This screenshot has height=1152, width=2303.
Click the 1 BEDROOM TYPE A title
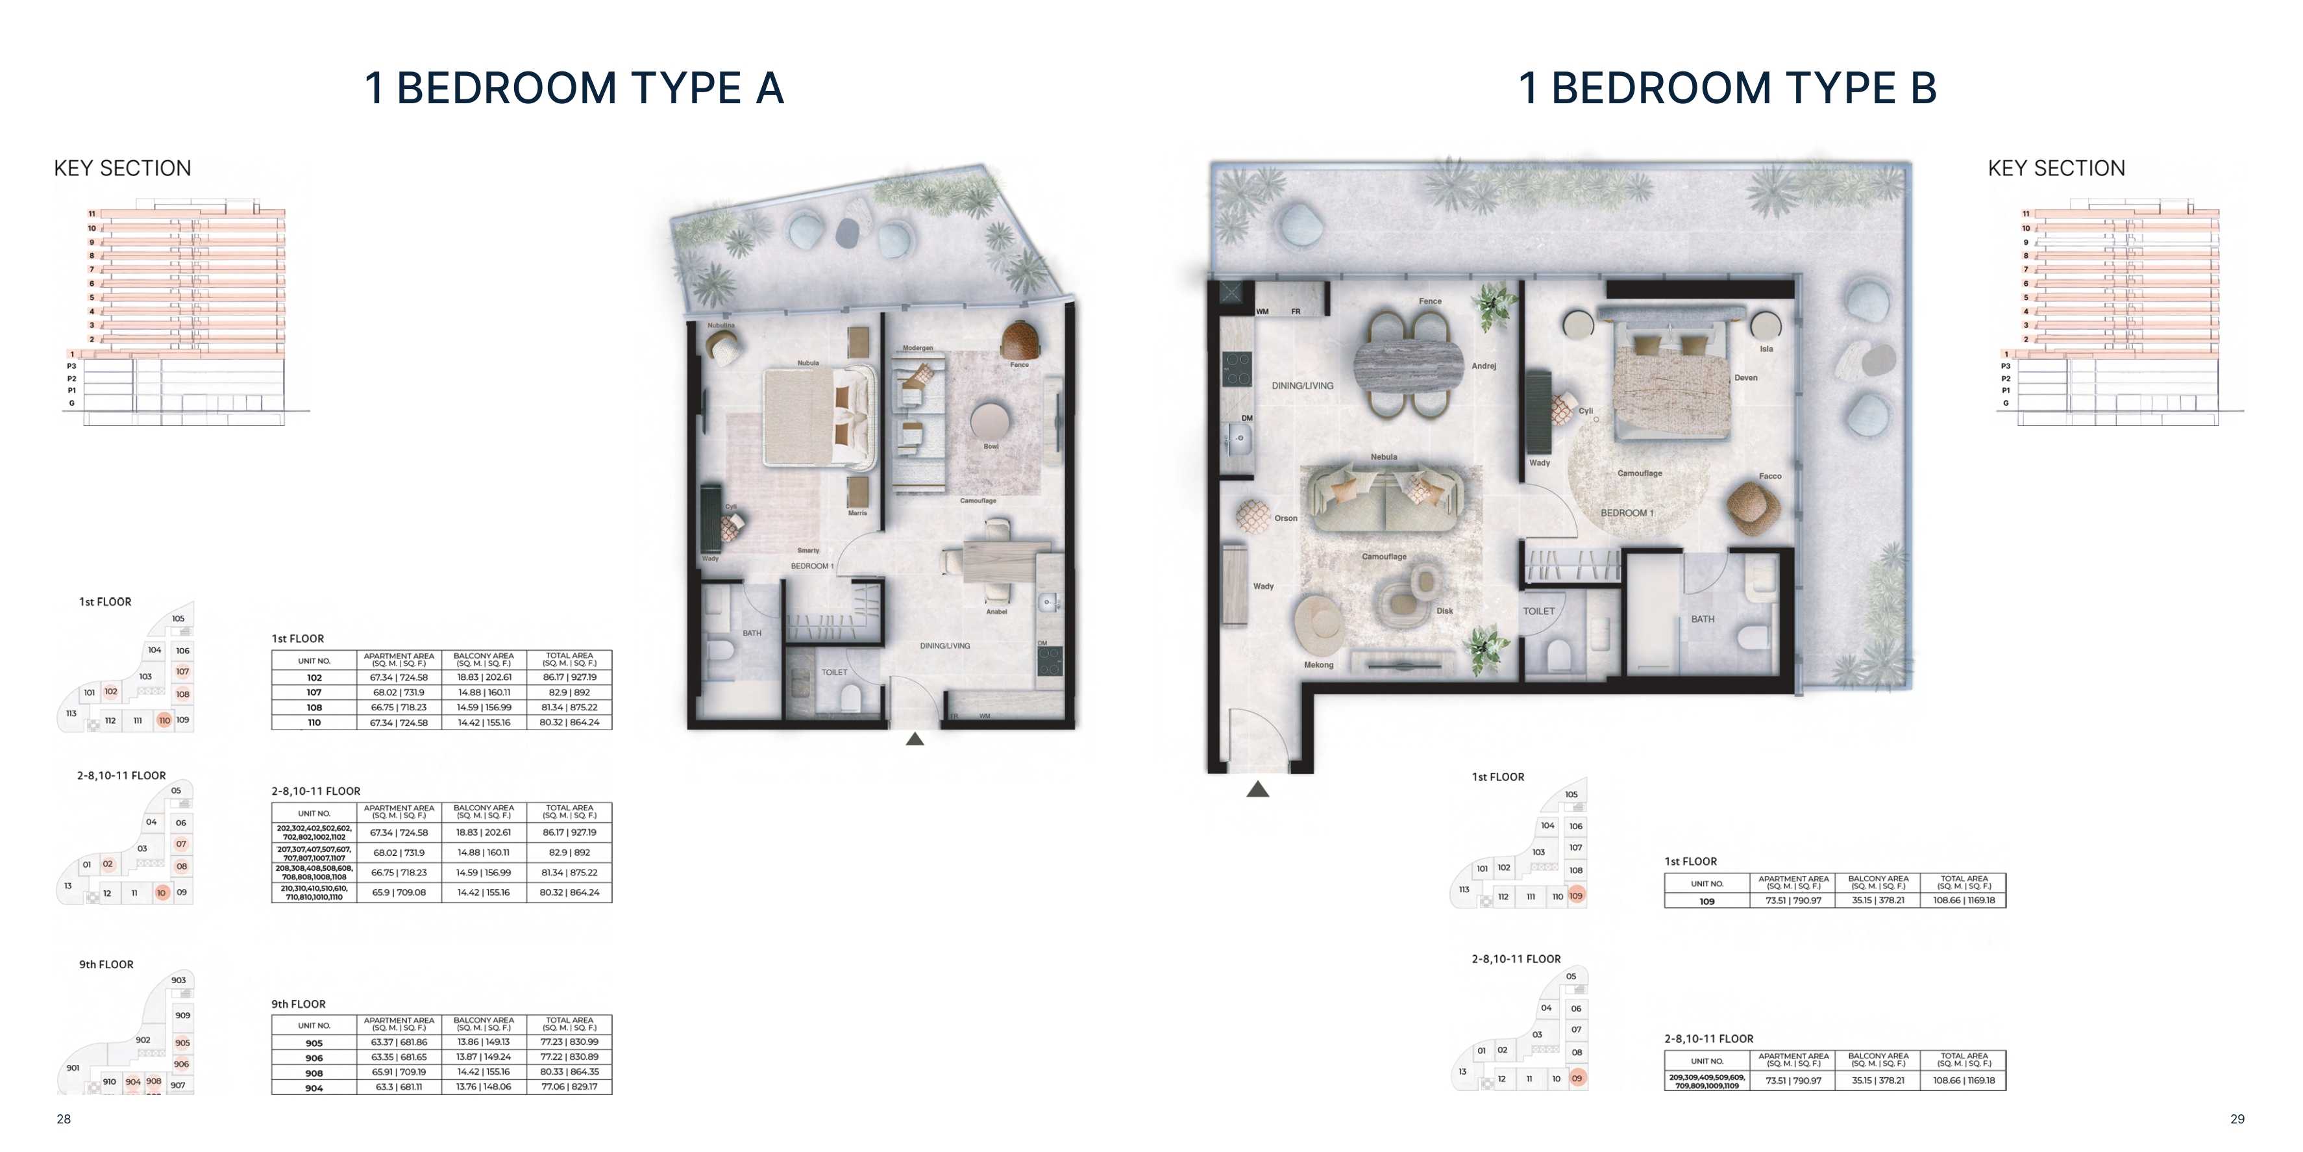point(574,88)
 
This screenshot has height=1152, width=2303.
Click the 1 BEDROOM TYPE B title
point(1727,88)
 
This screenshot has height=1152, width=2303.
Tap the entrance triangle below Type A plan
point(915,739)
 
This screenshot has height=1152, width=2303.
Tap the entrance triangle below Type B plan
point(1258,789)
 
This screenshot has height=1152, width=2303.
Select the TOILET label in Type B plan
point(1538,612)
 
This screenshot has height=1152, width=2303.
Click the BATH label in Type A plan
point(752,633)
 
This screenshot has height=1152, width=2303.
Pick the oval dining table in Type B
point(1410,365)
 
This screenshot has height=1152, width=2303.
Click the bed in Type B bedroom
point(1671,384)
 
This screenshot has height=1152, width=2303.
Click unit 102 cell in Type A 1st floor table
point(314,678)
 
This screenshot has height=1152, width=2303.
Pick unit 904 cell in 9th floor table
point(314,1088)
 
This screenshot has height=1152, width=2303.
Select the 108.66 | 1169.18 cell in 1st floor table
point(1964,901)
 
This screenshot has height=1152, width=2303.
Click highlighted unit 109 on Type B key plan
point(1576,896)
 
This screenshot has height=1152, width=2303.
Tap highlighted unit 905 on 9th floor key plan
point(182,1043)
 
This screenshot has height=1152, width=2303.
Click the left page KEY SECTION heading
point(123,168)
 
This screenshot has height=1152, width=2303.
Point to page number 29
point(2237,1119)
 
